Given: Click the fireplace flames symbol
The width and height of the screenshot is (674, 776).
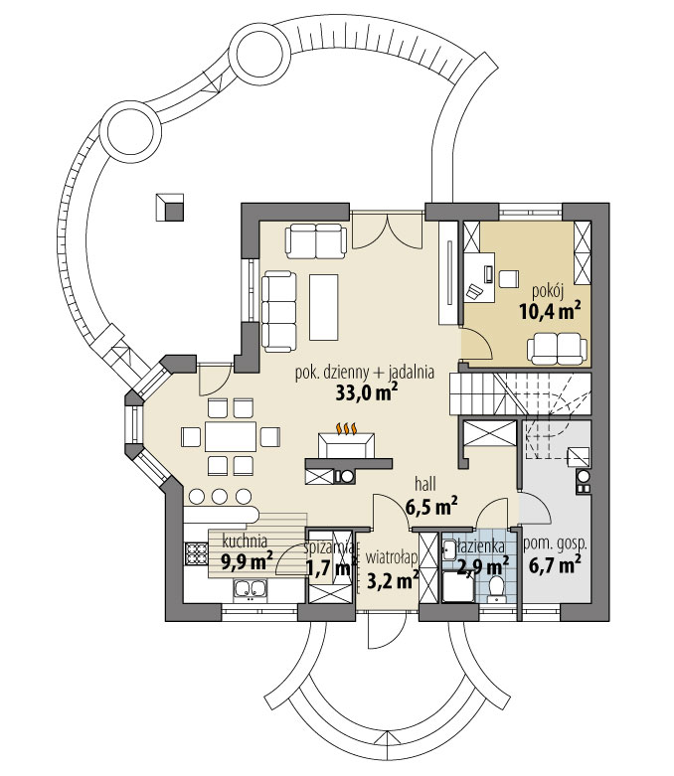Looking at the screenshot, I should click(346, 430).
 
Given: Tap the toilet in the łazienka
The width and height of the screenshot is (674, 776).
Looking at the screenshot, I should click(499, 587).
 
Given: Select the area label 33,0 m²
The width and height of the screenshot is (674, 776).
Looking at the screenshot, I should click(367, 391).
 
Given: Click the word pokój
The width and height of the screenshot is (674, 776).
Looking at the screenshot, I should click(548, 290).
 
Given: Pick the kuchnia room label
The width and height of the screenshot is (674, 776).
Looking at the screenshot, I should click(245, 543).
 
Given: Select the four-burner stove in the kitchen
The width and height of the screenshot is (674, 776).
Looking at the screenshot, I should click(194, 553).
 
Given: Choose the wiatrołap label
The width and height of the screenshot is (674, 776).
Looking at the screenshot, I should click(389, 559).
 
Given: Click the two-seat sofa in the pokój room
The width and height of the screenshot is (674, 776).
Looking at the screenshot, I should click(556, 346).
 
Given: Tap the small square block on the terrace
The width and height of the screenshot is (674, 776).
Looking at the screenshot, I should click(170, 206).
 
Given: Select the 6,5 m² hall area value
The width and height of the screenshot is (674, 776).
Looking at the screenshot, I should click(430, 508).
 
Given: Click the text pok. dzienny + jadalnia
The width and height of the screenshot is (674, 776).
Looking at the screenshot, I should click(365, 373).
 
